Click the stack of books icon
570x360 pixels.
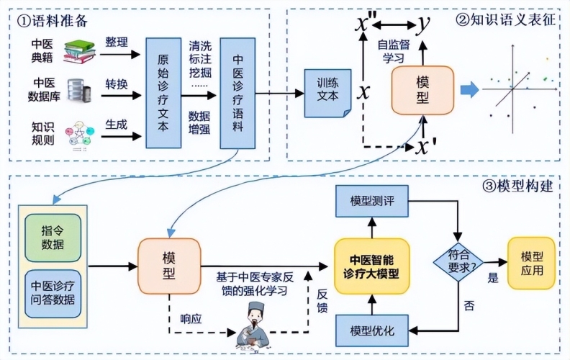pos(80,52)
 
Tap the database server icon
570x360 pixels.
pos(79,91)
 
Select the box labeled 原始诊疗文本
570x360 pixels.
pos(163,93)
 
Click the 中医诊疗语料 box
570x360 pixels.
pos(237,93)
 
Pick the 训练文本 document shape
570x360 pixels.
pos(327,93)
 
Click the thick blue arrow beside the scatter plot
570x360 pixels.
pos(469,89)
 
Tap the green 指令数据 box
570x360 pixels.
pos(53,238)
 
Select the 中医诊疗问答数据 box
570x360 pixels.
pos(53,294)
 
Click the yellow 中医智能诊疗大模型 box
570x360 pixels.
pos(372,266)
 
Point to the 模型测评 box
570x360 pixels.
pos(372,201)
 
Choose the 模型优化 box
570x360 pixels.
pos(372,330)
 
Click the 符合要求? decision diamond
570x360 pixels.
pos(458,262)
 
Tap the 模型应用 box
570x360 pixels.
pos(531,264)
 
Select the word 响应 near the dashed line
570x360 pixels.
pos(191,319)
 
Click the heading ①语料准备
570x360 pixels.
pos(53,21)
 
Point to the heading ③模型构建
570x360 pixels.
pos(517,186)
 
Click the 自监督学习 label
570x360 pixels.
pos(394,51)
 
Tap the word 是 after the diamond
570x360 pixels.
pos(493,278)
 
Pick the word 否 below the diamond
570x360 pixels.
pos(469,305)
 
